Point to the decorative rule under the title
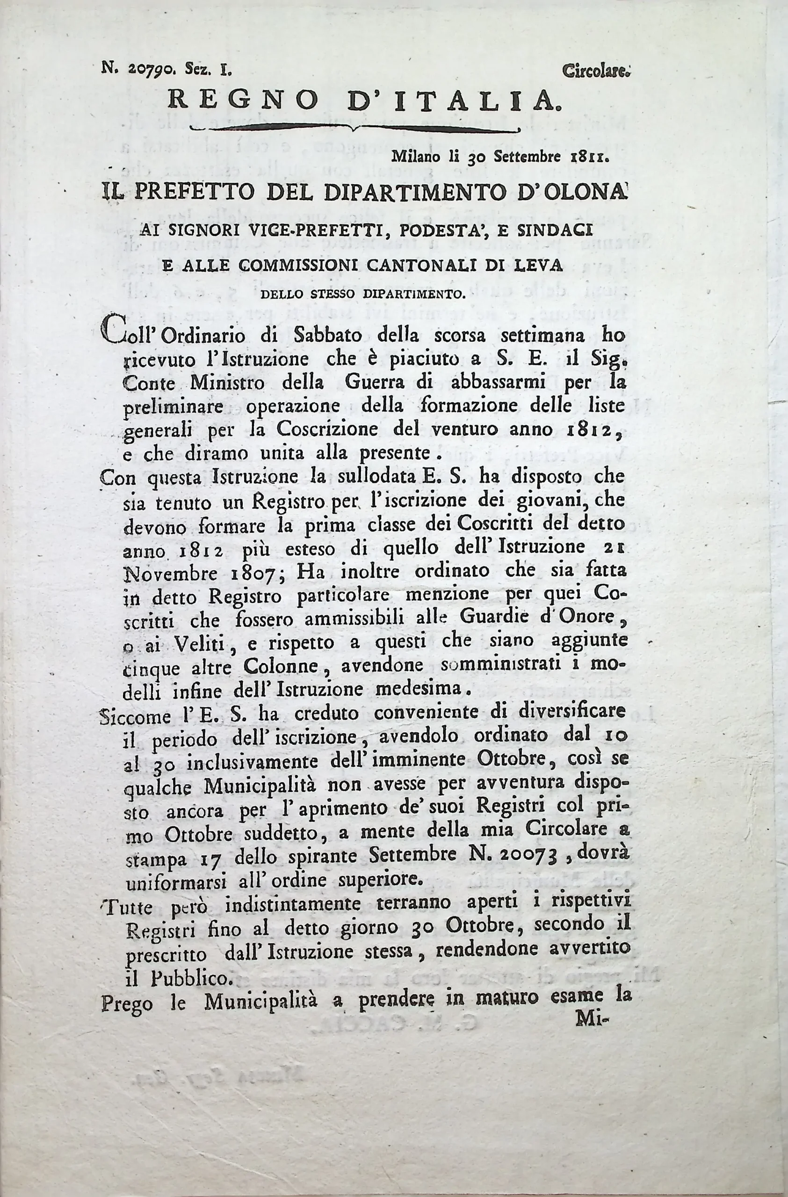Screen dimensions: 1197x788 [x=355, y=129]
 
